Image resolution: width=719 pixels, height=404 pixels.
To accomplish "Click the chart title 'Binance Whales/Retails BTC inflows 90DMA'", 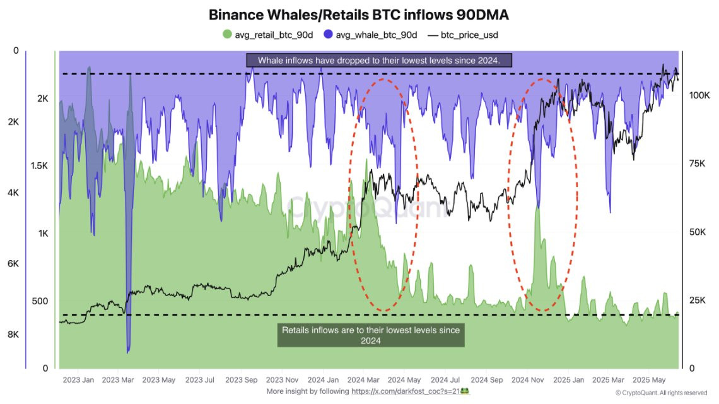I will pyautogui.click(x=359, y=14).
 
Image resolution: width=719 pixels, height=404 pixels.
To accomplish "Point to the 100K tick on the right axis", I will pyautogui.click(x=699, y=95).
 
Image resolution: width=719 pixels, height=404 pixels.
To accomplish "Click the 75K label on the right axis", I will pyautogui.click(x=697, y=163).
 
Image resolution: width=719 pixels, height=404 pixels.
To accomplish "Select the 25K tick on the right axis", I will pyautogui.click(x=697, y=300).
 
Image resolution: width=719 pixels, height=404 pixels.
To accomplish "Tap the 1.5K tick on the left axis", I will pyautogui.click(x=40, y=165).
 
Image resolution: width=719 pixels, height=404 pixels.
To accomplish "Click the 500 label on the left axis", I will pyautogui.click(x=40, y=301).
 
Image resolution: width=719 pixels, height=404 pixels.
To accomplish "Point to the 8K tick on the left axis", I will pyautogui.click(x=13, y=335).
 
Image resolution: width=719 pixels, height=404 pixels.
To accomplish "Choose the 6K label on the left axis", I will pyautogui.click(x=13, y=264).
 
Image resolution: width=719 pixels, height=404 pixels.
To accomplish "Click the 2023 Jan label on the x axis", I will pyautogui.click(x=79, y=380).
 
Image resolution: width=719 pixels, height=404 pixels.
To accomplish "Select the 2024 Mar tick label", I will pyautogui.click(x=364, y=380).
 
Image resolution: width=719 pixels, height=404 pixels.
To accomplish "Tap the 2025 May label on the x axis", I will pyautogui.click(x=650, y=380).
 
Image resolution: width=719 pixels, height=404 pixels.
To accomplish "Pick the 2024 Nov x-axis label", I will pyautogui.click(x=528, y=380).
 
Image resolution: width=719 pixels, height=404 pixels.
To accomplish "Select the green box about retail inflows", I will pyautogui.click(x=371, y=335).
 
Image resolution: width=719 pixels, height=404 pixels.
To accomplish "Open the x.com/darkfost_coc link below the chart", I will pyautogui.click(x=404, y=391).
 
